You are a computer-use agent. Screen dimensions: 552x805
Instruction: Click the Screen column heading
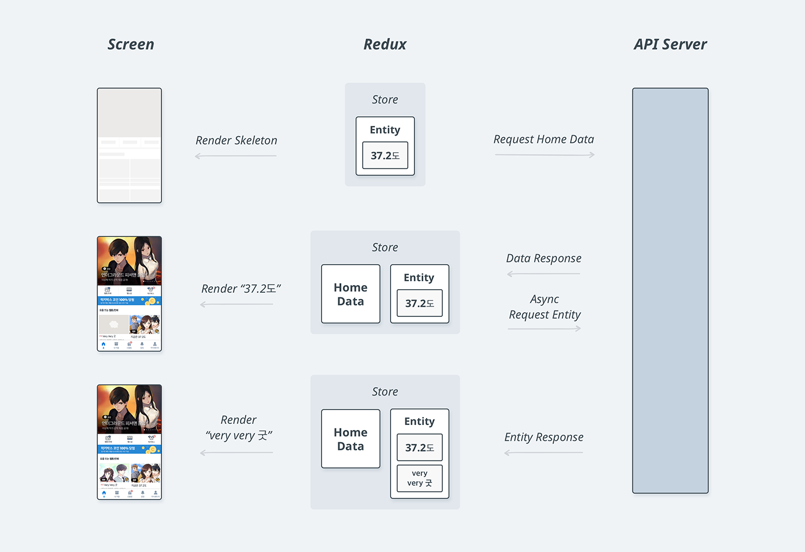pos(131,44)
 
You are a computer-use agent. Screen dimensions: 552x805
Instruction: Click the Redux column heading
pos(385,44)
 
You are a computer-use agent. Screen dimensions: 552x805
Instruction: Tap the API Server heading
pos(670,44)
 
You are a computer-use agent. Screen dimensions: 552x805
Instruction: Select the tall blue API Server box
pos(670,290)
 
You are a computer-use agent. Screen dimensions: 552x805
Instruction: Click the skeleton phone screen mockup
pos(129,145)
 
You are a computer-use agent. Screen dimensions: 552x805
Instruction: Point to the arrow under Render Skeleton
pos(236,156)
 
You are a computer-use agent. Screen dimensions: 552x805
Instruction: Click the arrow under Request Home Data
pos(545,155)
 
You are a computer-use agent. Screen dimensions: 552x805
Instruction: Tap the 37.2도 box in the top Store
pos(385,155)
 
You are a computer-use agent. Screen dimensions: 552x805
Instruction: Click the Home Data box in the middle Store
pos(351,294)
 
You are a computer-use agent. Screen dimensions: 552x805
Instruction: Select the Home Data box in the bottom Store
pos(351,439)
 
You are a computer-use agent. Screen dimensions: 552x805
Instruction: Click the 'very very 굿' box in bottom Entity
pos(420,478)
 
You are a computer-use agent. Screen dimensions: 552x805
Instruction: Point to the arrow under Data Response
pos(543,274)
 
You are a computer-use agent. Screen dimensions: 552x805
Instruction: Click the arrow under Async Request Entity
pos(545,328)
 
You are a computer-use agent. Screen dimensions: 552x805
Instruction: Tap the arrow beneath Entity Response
pos(543,453)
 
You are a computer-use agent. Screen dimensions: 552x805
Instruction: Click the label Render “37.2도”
pos(241,289)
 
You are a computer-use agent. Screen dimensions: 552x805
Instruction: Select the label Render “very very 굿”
pos(239,428)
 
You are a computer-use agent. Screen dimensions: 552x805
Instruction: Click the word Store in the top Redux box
pos(385,99)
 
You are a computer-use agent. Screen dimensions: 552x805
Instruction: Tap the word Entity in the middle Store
pos(419,278)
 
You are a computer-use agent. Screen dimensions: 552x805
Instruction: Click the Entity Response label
pos(543,437)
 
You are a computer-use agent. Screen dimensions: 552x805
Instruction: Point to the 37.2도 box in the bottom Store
pos(420,447)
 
